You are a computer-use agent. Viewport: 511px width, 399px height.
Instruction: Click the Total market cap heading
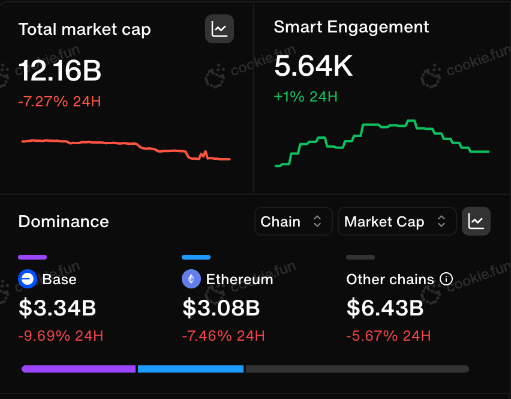click(x=85, y=29)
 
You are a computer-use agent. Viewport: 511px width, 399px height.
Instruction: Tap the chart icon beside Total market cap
click(x=220, y=29)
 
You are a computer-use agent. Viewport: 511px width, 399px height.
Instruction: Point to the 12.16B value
click(x=60, y=70)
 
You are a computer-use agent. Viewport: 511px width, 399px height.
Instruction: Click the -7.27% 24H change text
click(x=59, y=102)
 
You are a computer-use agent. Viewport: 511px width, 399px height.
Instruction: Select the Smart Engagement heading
click(x=351, y=28)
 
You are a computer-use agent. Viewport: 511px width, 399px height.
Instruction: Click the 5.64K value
click(x=313, y=66)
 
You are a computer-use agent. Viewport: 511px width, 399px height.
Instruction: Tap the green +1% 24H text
click(x=306, y=97)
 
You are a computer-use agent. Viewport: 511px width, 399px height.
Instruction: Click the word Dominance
click(x=64, y=222)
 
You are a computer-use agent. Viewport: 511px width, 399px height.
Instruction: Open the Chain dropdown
click(x=293, y=221)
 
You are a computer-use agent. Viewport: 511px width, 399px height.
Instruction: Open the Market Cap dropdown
click(x=397, y=221)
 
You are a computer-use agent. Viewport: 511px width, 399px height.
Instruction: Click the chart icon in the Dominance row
click(x=476, y=221)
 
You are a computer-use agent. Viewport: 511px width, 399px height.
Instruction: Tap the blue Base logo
click(x=28, y=279)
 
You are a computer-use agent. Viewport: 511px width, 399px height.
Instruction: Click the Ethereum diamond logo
click(x=191, y=279)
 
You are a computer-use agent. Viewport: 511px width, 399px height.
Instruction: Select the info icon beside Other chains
click(x=446, y=279)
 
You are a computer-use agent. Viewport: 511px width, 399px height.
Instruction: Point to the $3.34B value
click(x=58, y=308)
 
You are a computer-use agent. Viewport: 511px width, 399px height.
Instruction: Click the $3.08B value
click(x=221, y=308)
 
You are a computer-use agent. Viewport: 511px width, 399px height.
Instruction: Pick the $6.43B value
click(x=385, y=308)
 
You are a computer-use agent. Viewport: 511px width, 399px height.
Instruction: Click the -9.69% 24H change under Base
click(x=61, y=336)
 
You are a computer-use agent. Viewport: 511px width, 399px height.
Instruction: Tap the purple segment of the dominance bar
click(x=79, y=369)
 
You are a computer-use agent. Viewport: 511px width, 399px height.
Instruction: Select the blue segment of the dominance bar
click(x=191, y=369)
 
